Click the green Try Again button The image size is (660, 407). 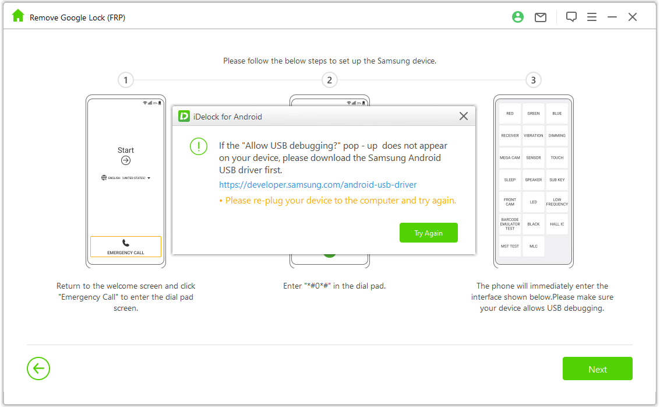[428, 233]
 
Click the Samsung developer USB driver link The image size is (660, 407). [317, 185]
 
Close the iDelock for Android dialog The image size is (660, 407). [464, 116]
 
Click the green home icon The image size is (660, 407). [18, 16]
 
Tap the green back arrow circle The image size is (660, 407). [38, 369]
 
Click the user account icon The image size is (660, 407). [518, 17]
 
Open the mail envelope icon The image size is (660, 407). [541, 17]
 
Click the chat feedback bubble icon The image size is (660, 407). [571, 17]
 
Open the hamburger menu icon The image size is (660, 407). [592, 17]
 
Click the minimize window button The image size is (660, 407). [612, 17]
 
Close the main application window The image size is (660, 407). [633, 17]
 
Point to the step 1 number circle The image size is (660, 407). [125, 80]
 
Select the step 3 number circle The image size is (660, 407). [533, 80]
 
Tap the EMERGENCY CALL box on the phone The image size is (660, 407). [126, 247]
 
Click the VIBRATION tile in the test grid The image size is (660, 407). [533, 135]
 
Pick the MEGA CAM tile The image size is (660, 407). [510, 157]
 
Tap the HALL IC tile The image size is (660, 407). [557, 224]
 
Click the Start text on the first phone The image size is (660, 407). [126, 150]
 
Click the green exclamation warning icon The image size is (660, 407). [199, 146]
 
